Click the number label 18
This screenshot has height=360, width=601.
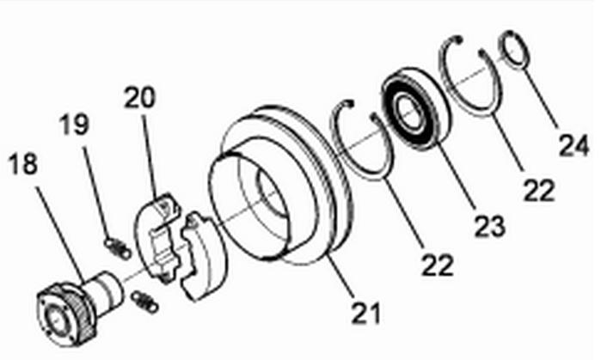click(23, 164)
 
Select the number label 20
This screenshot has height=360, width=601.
click(140, 97)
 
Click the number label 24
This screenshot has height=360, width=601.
click(573, 144)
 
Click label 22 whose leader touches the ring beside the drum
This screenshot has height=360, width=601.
click(438, 264)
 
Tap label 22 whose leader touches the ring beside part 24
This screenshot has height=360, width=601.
click(539, 190)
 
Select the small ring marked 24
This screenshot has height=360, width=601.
click(516, 51)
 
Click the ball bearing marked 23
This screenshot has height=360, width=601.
click(417, 106)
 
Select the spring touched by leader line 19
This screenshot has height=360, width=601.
click(118, 249)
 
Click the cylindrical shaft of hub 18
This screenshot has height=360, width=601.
click(106, 290)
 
